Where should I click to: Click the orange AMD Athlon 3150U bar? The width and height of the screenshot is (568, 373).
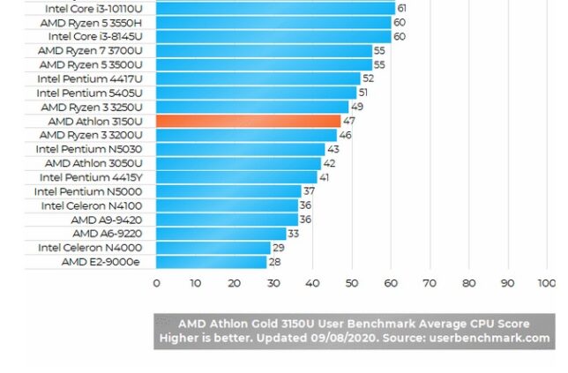click(x=248, y=121)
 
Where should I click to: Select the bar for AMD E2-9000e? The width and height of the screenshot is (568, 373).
click(x=211, y=262)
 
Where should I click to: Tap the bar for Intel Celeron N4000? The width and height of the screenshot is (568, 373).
click(x=213, y=248)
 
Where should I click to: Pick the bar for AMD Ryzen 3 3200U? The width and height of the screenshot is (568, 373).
click(x=246, y=135)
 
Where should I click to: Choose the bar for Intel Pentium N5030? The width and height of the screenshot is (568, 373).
click(x=240, y=149)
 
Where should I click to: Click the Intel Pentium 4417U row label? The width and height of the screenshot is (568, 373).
click(x=94, y=78)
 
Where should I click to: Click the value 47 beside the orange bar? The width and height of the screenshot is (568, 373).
click(x=349, y=121)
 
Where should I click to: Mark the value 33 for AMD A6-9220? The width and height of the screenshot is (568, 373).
click(x=293, y=234)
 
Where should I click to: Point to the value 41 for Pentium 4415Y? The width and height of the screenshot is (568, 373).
click(x=324, y=177)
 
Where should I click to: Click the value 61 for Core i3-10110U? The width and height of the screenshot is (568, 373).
click(x=401, y=8)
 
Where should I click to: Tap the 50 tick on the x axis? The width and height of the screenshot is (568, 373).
click(x=351, y=283)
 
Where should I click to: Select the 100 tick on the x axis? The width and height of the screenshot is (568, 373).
click(x=547, y=283)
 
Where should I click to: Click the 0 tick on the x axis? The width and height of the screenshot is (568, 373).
click(x=156, y=283)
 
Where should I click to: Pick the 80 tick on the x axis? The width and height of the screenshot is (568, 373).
click(x=468, y=283)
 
